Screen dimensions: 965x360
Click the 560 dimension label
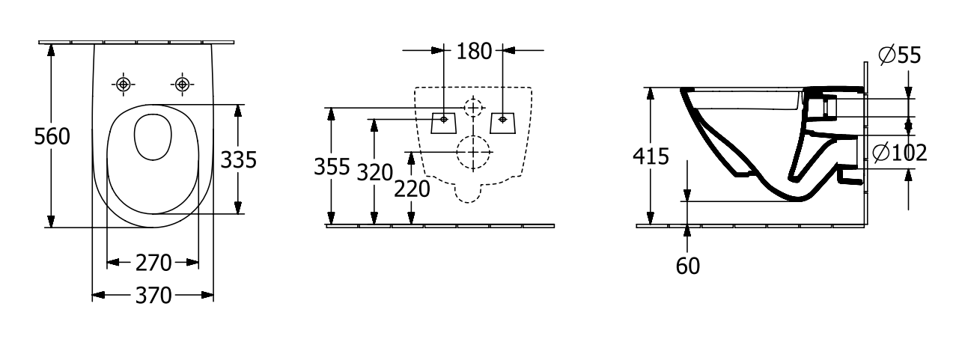pyautogui.click(x=52, y=137)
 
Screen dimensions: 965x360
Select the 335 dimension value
pyautogui.click(x=239, y=159)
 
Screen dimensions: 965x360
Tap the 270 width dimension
pyautogui.click(x=153, y=263)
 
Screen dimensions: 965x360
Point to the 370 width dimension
pyautogui.click(x=153, y=296)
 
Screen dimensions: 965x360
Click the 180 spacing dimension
pyautogui.click(x=474, y=51)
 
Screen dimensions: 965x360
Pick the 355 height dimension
pyautogui.click(x=332, y=167)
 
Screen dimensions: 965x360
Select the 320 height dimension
pyautogui.click(x=375, y=173)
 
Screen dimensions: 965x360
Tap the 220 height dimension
pyautogui.click(x=412, y=189)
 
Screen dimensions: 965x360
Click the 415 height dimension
pyautogui.click(x=651, y=156)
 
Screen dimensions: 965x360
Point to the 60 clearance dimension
pyautogui.click(x=687, y=266)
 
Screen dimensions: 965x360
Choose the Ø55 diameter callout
pyautogui.click(x=900, y=55)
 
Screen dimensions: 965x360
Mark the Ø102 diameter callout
pyautogui.click(x=900, y=153)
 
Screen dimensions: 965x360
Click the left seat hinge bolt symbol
pyautogui.click(x=124, y=85)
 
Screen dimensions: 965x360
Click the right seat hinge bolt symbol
pyautogui.click(x=182, y=85)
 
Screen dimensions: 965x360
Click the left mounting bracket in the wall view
pyautogui.click(x=444, y=123)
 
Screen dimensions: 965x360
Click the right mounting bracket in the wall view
pyautogui.click(x=503, y=123)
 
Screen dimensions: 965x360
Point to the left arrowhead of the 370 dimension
pyautogui.click(x=98, y=296)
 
